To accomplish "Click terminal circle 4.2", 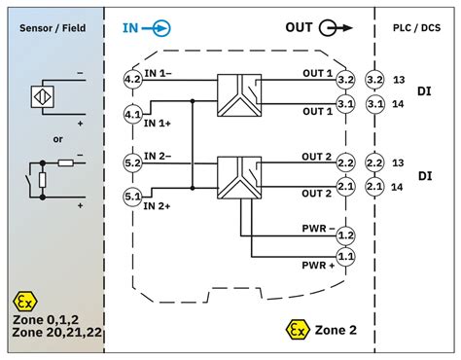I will [x=132, y=76].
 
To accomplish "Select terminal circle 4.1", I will [x=132, y=115].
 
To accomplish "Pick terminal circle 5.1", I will [x=132, y=198].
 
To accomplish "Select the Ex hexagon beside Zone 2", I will [x=292, y=330].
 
